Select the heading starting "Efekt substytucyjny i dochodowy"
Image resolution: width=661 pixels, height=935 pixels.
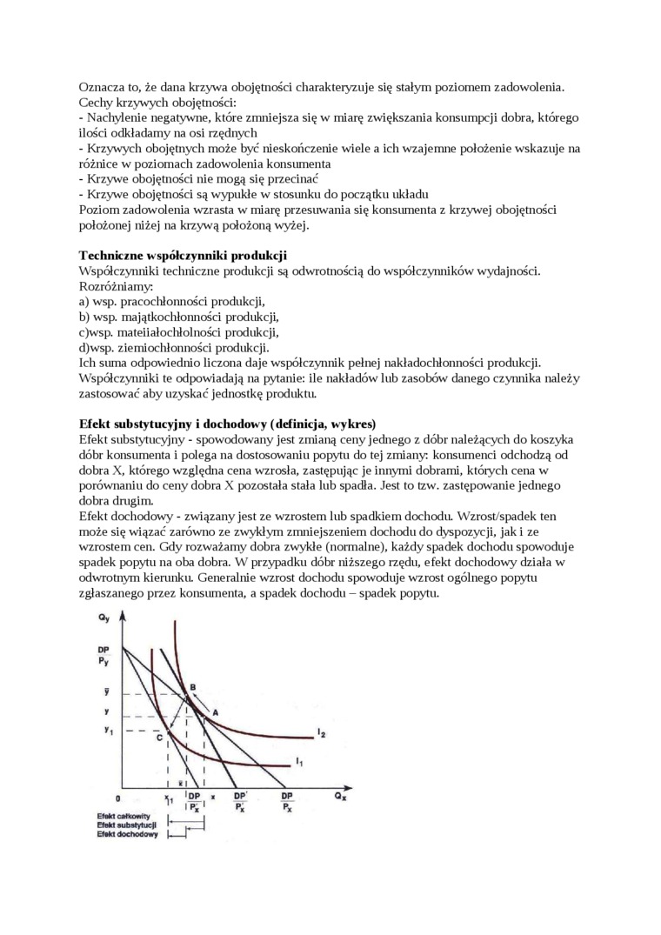(x=227, y=424)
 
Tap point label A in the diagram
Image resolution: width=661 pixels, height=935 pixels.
(x=215, y=711)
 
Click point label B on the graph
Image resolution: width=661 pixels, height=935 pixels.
(x=192, y=686)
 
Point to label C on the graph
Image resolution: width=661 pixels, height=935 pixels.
(x=159, y=737)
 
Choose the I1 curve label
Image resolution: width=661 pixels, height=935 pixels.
(x=299, y=762)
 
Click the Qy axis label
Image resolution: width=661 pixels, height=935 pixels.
(x=104, y=618)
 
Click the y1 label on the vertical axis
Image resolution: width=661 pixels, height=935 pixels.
(x=109, y=729)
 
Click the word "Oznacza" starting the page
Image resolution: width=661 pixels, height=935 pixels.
(x=101, y=87)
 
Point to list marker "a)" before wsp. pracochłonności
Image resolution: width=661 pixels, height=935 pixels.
(x=83, y=301)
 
